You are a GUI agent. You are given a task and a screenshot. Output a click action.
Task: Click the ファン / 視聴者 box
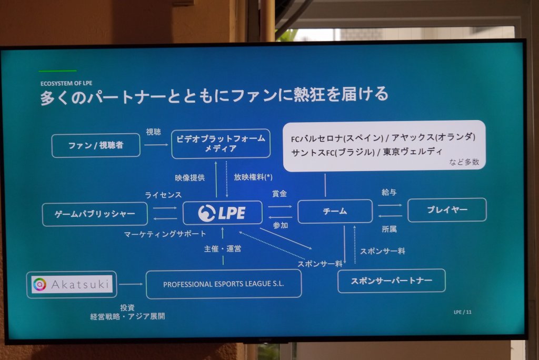click(x=96, y=145)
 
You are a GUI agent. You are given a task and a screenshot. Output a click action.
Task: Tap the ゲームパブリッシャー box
click(x=95, y=214)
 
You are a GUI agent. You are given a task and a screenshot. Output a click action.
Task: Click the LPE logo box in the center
click(x=222, y=213)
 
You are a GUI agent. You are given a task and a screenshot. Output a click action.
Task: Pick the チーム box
click(x=335, y=211)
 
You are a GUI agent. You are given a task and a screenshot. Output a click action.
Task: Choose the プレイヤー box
click(x=447, y=209)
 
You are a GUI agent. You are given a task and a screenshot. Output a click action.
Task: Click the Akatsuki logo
click(x=72, y=285)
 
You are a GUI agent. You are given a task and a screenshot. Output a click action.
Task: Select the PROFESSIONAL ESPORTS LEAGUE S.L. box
click(x=223, y=284)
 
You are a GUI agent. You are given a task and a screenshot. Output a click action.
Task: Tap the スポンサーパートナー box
click(x=391, y=281)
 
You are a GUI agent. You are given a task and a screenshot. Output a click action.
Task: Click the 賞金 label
click(x=280, y=194)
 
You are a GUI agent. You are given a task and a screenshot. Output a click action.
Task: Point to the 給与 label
click(x=389, y=193)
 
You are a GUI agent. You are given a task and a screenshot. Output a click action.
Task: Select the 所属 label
click(x=389, y=229)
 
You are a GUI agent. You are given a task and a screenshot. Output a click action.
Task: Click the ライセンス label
click(x=163, y=195)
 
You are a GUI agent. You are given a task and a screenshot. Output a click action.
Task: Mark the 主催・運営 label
click(x=223, y=248)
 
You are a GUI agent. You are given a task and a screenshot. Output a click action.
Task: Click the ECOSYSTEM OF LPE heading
click(x=66, y=83)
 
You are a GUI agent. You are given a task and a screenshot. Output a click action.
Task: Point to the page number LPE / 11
click(x=463, y=312)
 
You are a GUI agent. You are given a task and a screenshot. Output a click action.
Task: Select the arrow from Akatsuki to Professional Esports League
click(x=131, y=284)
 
